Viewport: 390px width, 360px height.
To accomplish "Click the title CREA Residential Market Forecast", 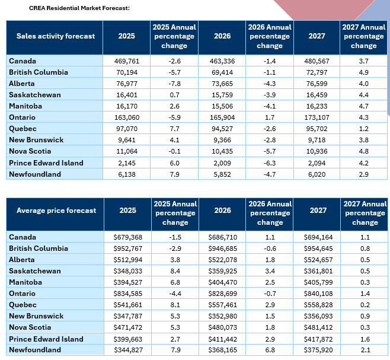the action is [x=79, y=8].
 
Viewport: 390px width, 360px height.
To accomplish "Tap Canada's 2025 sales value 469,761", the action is [x=127, y=61].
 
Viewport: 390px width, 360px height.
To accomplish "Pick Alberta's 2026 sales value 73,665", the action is [x=222, y=84].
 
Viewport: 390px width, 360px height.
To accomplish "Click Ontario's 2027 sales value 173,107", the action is [x=317, y=117].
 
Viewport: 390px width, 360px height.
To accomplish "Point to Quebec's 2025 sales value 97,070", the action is [x=127, y=129].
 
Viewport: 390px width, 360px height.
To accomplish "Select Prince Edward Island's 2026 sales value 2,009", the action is [x=222, y=163].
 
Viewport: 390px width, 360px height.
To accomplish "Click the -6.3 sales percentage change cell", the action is [x=270, y=163].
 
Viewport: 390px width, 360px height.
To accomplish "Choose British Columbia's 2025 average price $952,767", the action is [x=128, y=249].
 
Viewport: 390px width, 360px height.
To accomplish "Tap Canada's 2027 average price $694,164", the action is [x=318, y=237].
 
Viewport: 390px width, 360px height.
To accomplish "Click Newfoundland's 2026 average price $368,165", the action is [x=223, y=350].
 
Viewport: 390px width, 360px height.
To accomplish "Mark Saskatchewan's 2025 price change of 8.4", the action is [x=175, y=271].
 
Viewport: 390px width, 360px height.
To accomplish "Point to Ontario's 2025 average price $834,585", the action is [x=128, y=294].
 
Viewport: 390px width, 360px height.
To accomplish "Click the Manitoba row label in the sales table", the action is [x=25, y=106].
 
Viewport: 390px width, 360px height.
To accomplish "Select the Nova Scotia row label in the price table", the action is [x=30, y=327].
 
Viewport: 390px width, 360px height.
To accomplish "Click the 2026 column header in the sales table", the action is [x=222, y=36].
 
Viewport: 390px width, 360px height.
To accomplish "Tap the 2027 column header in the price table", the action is [x=318, y=211].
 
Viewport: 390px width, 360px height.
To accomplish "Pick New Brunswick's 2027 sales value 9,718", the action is [x=317, y=140].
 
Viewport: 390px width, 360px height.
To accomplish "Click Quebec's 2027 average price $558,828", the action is [x=318, y=305].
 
